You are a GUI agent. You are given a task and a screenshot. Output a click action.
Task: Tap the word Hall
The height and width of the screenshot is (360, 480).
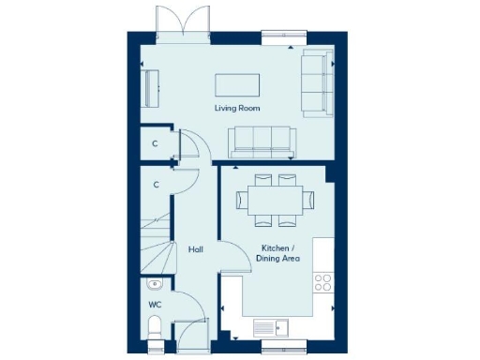click(x=196, y=249)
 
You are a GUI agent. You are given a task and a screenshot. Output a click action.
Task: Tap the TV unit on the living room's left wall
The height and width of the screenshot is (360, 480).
click(x=151, y=88)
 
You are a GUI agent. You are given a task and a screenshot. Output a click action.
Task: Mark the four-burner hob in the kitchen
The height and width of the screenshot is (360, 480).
click(x=325, y=282)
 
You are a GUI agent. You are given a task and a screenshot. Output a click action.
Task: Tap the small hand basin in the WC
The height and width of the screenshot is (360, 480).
click(x=154, y=285)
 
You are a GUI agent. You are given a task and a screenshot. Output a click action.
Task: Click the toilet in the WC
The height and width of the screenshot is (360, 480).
click(x=157, y=327)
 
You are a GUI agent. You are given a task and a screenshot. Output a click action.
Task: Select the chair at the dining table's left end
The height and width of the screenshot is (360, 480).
click(x=239, y=199)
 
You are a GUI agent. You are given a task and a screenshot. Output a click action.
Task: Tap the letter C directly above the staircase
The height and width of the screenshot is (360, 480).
click(x=156, y=185)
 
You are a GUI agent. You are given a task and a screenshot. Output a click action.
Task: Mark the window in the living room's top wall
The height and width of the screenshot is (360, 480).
click(x=282, y=37)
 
